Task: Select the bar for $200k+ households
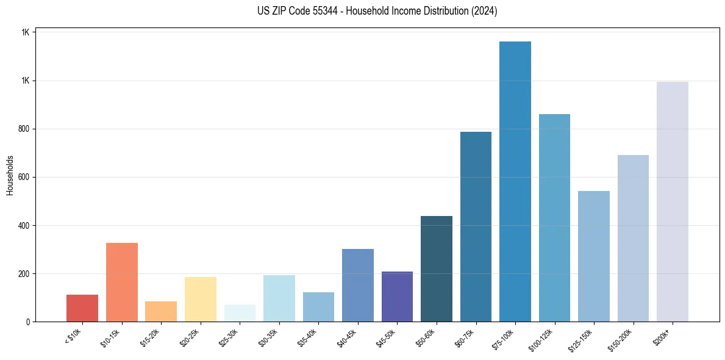[672, 201]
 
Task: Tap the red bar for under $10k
[82, 308]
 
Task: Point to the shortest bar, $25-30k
[240, 313]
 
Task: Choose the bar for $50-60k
[436, 268]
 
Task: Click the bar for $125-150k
[593, 256]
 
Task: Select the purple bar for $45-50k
[397, 297]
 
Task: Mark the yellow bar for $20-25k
[200, 299]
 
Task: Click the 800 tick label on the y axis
[23, 129]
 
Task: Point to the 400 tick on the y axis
[23, 226]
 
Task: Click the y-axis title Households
[10, 175]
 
